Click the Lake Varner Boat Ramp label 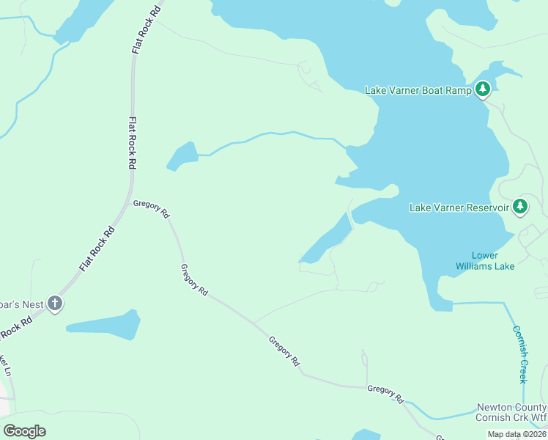pyautogui.click(x=418, y=90)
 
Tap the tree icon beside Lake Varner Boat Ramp pyautogui.click(x=482, y=89)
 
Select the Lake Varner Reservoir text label pyautogui.click(x=459, y=208)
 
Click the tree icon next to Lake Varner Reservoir pyautogui.click(x=520, y=207)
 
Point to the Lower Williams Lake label pyautogui.click(x=485, y=260)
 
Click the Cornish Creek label pyautogui.click(x=520, y=354)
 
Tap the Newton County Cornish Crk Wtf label pyautogui.click(x=511, y=412)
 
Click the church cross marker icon pyautogui.click(x=55, y=303)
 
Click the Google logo pyautogui.click(x=24, y=431)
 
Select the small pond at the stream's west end pyautogui.click(x=182, y=156)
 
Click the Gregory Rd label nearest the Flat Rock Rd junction pyautogui.click(x=152, y=209)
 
